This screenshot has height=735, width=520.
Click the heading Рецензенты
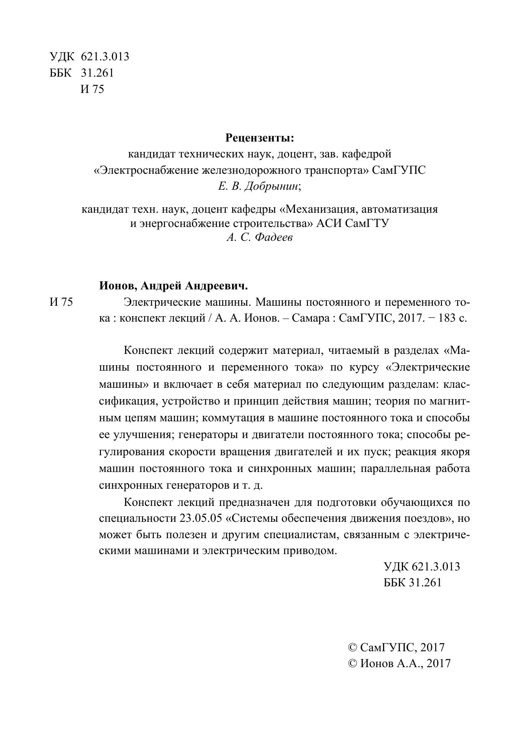click(x=260, y=137)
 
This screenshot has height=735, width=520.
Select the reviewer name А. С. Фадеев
click(x=259, y=238)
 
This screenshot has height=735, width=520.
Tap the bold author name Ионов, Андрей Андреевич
click(x=173, y=286)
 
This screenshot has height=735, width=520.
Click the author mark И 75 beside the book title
click(x=61, y=302)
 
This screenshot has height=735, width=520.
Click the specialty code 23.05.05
click(x=200, y=518)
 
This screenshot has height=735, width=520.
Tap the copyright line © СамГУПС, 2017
click(x=396, y=647)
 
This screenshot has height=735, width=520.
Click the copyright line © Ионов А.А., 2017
click(x=399, y=663)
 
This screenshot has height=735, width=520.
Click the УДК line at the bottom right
click(x=422, y=567)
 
